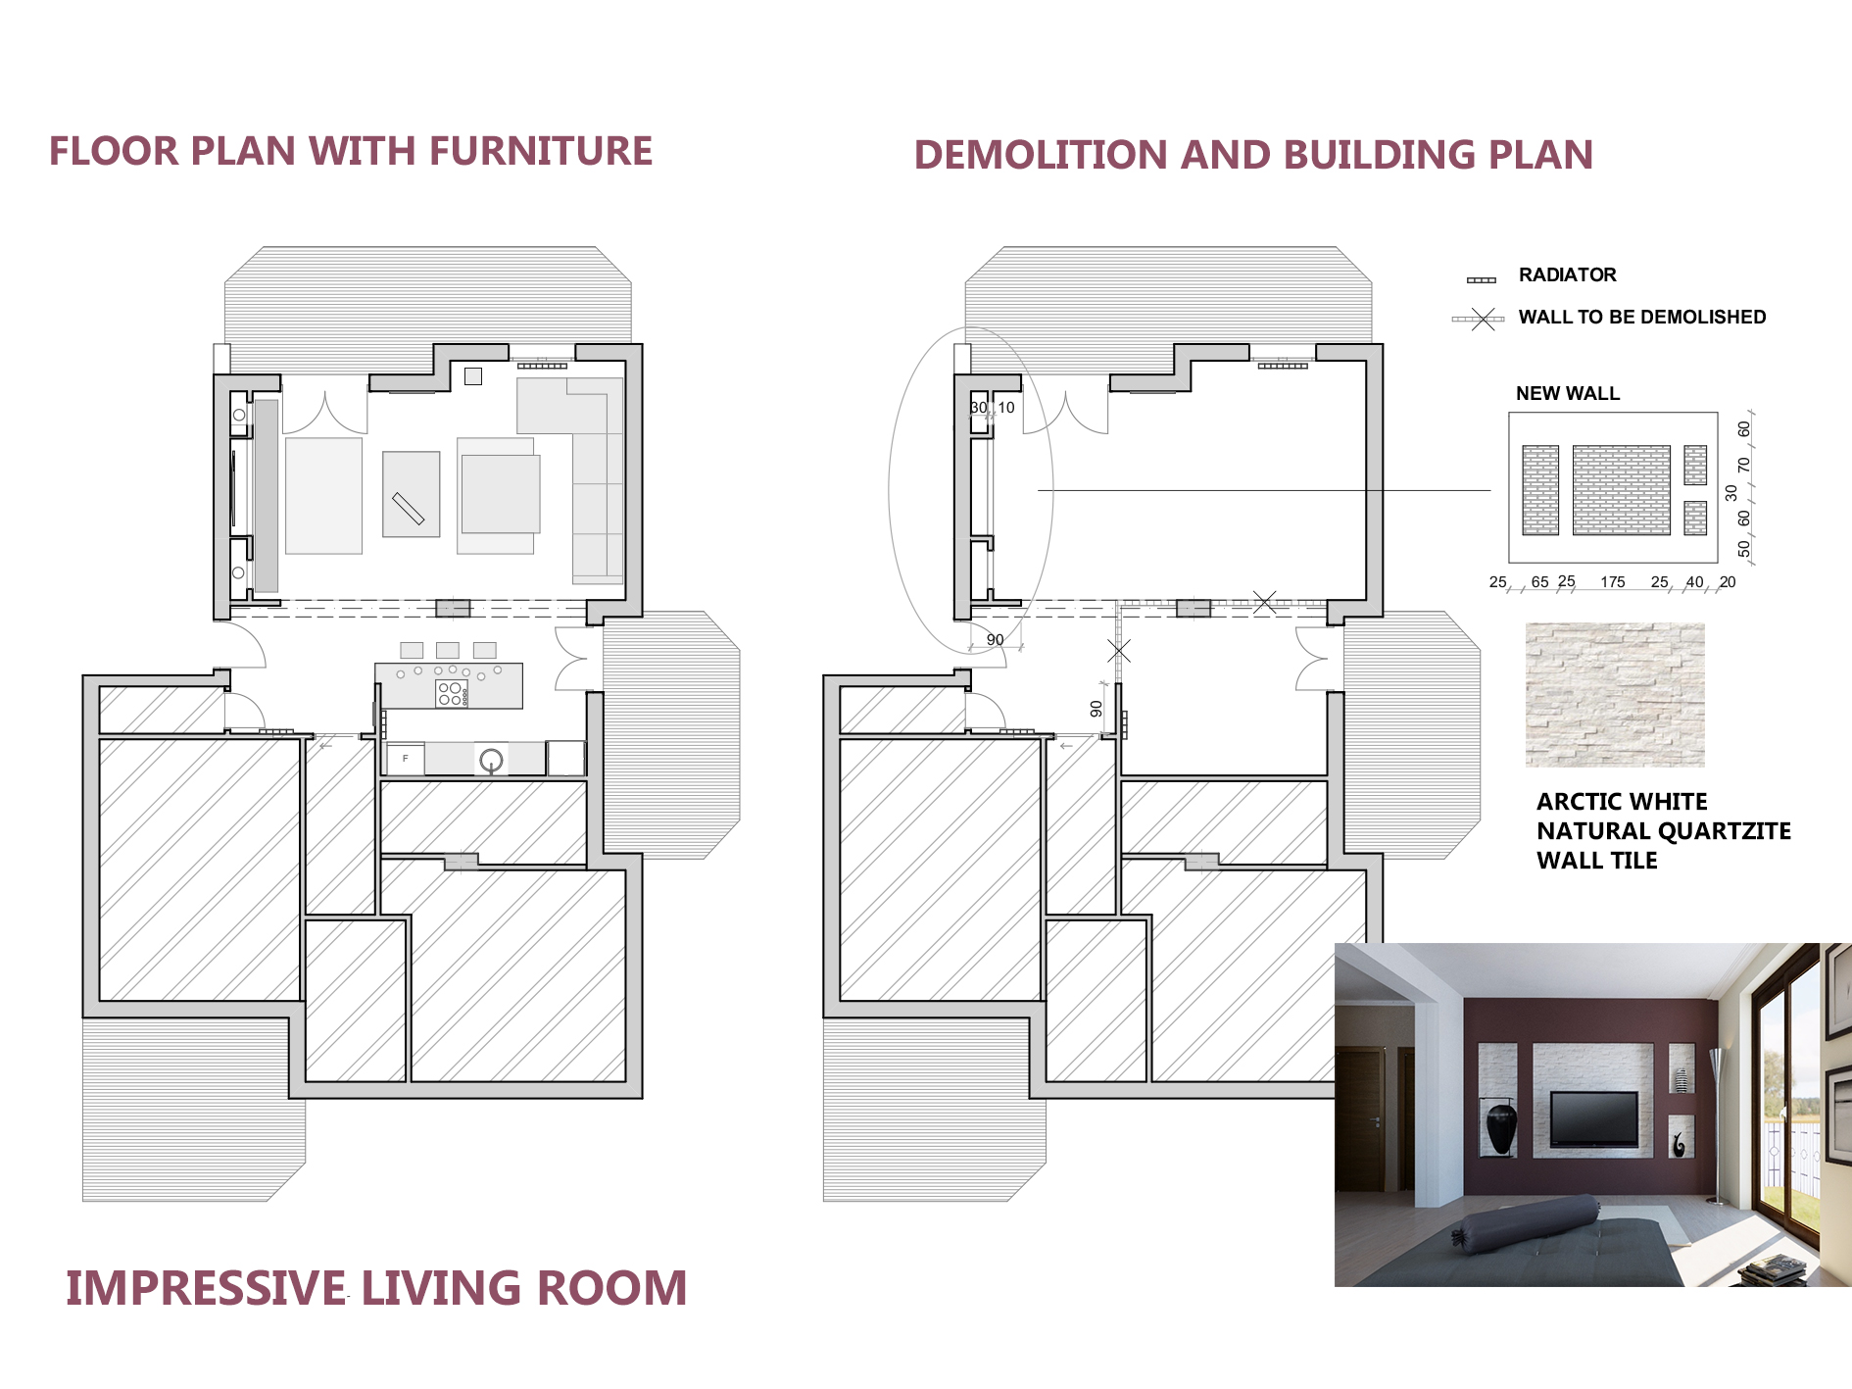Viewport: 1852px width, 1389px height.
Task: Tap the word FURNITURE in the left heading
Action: [541, 151]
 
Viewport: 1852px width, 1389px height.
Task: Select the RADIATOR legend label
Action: [1567, 275]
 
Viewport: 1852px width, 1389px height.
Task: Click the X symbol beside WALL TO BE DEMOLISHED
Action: [1484, 319]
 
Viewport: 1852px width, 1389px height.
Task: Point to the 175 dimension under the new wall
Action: [1613, 582]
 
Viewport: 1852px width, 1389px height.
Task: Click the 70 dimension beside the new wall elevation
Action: [1743, 465]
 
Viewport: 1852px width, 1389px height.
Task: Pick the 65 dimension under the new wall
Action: [1539, 582]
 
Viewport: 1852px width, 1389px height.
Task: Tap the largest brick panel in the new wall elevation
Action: [1622, 490]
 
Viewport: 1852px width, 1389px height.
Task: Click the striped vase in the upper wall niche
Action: [1682, 1080]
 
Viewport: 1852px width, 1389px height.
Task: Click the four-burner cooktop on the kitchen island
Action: [451, 694]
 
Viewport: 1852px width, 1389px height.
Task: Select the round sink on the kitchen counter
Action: [491, 760]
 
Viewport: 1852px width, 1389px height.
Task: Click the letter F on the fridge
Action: [405, 759]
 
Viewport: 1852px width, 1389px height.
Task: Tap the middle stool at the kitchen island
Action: [448, 650]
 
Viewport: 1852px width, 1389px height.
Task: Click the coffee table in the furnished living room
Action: [412, 494]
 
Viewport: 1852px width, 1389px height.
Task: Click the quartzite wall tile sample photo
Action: [1615, 695]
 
